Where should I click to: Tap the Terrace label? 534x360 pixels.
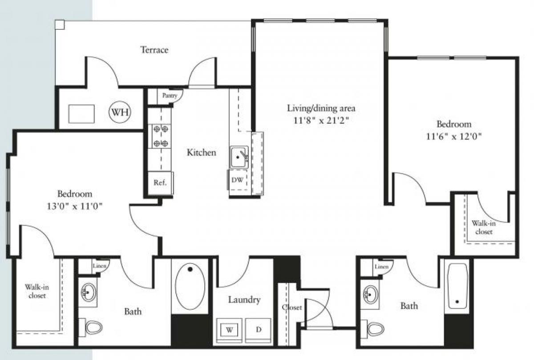[154, 49]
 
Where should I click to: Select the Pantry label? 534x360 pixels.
[170, 95]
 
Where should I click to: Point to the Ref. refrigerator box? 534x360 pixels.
[160, 183]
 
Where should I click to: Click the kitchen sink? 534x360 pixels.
[239, 157]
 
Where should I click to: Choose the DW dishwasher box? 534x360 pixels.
[237, 180]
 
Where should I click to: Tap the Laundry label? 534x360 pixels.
[244, 300]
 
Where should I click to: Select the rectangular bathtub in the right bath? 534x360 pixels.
[457, 285]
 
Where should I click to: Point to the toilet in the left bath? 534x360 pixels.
[93, 328]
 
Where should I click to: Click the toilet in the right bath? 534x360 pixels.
[375, 329]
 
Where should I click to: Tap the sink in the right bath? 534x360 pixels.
[370, 294]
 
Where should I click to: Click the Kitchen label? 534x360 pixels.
[201, 153]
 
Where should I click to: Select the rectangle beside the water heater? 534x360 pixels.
[81, 113]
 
